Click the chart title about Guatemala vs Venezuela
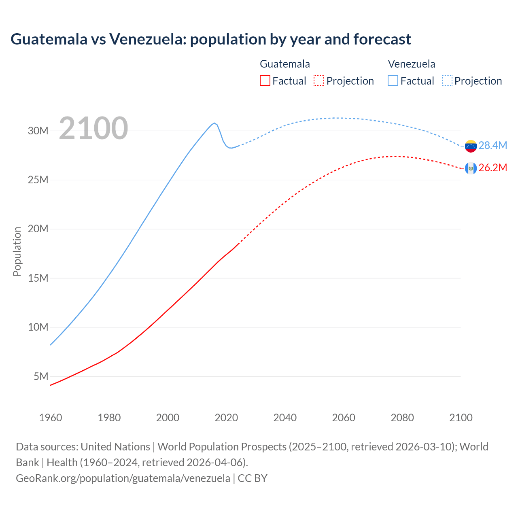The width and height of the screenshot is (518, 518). point(210,39)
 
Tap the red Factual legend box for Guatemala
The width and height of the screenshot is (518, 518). point(265,81)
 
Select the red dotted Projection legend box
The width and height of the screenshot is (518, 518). point(319,81)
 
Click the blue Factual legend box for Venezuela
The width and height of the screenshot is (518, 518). point(393,81)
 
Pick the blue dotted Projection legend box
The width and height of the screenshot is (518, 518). point(447,81)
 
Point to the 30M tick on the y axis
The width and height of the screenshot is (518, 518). point(38,131)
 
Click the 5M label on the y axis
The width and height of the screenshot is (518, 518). point(41,376)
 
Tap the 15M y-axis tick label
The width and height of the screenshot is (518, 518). point(38,278)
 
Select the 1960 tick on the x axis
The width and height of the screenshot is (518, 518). point(51,418)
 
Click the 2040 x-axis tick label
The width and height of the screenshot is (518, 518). point(285,418)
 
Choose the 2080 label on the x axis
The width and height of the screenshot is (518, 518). point(402,418)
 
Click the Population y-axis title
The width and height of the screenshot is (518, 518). point(17,251)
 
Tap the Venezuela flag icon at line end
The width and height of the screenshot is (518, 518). point(471,146)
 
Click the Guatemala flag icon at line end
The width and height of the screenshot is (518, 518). point(471,168)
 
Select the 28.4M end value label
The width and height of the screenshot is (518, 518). point(493,146)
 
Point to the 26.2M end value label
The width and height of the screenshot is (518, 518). point(493,168)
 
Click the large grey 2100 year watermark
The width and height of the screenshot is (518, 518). point(93,128)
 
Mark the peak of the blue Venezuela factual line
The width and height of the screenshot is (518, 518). point(214,123)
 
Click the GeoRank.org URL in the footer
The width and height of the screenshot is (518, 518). point(123,478)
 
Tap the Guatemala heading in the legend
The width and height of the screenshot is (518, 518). point(285,64)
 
